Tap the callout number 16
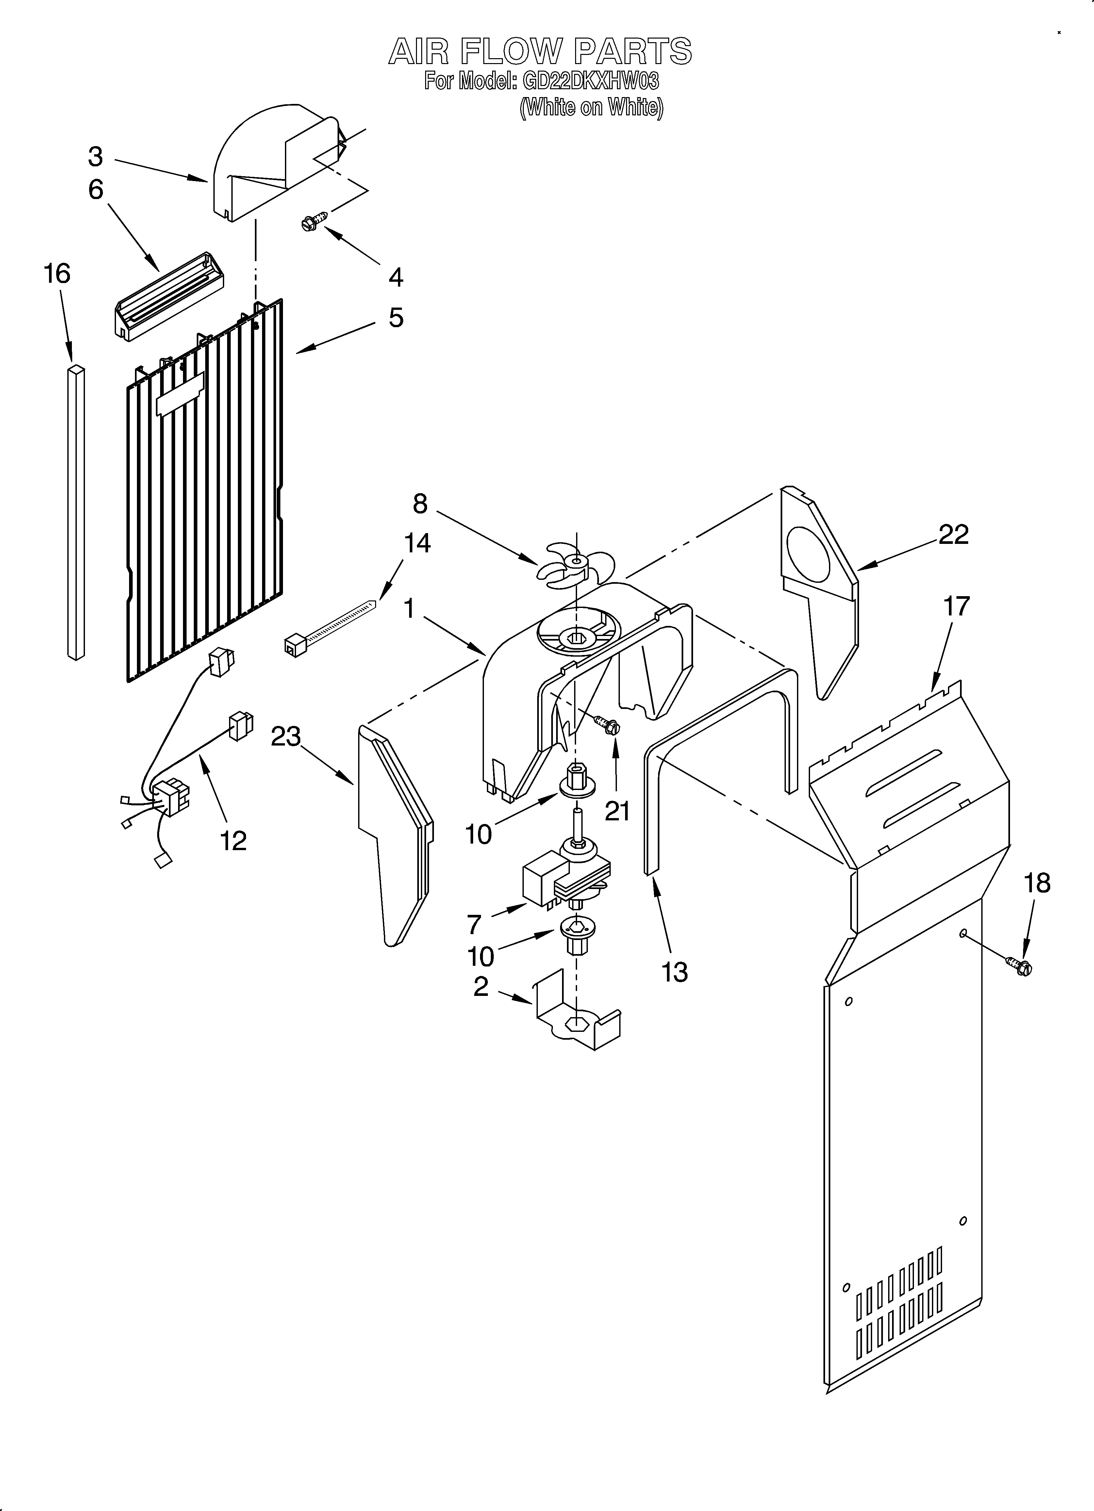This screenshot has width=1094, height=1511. click(x=57, y=274)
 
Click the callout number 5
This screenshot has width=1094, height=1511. click(x=396, y=318)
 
